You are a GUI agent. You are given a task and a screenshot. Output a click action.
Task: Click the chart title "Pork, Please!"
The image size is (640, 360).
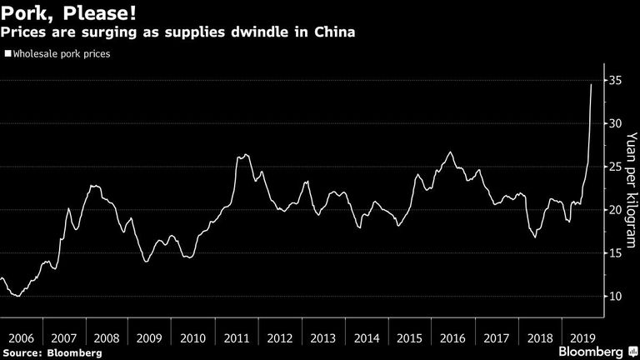point(68,13)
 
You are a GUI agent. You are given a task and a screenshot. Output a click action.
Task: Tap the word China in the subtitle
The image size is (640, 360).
point(335,32)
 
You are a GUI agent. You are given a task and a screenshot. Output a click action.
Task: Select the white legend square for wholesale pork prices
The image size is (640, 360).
point(7,53)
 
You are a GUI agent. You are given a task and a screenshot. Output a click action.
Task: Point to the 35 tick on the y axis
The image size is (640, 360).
point(616,80)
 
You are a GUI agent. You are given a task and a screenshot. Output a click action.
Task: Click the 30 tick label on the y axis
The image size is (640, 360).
point(616,123)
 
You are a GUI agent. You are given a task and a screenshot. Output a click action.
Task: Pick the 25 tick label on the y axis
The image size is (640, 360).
point(616,167)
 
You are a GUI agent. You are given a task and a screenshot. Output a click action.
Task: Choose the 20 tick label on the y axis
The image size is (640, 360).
point(616,210)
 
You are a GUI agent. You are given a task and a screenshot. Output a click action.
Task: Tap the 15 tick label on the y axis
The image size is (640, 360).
point(616,253)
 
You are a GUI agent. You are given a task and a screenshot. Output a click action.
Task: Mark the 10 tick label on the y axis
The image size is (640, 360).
point(616,297)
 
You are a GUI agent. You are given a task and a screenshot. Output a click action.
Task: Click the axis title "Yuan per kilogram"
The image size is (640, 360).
point(631,190)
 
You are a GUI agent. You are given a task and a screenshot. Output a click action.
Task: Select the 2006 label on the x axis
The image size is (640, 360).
point(21,338)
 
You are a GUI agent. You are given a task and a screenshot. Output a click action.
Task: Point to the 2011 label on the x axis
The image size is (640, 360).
point(237,338)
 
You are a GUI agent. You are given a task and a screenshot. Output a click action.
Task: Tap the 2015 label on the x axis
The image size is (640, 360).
point(409,338)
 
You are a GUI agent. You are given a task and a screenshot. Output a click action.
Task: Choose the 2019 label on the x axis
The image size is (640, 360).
point(582,338)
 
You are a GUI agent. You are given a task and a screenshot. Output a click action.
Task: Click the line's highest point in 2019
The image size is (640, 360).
point(591,84)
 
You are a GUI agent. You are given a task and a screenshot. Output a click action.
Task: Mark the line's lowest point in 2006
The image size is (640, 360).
point(17,296)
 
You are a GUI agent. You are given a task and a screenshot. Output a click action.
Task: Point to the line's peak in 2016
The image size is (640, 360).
point(450,152)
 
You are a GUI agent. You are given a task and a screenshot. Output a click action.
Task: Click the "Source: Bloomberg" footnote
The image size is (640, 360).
point(52,353)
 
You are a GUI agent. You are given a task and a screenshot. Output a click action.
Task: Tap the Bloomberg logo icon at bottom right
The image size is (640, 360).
point(633,352)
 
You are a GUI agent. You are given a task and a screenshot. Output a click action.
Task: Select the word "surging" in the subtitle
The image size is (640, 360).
point(109,32)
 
